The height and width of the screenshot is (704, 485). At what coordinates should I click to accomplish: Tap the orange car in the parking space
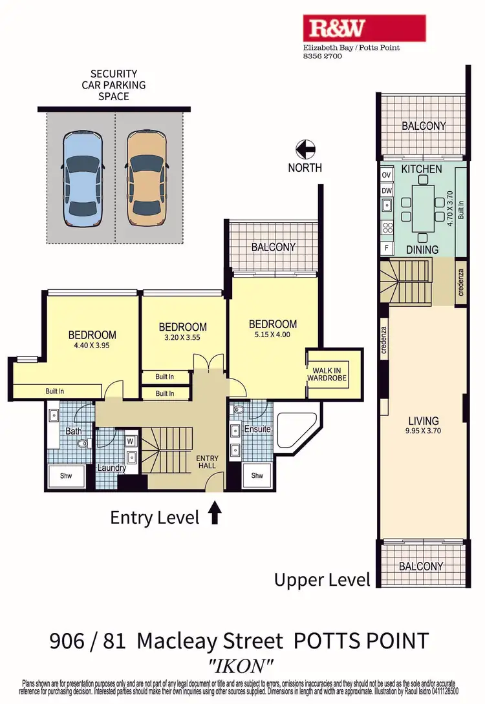tap(147, 179)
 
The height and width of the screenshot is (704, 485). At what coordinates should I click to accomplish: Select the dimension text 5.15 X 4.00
tap(273, 336)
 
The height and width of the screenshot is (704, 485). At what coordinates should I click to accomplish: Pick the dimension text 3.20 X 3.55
tap(183, 339)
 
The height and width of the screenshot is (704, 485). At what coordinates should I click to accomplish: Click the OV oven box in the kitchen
tap(387, 175)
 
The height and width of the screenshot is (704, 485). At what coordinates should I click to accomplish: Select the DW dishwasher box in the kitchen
tap(387, 191)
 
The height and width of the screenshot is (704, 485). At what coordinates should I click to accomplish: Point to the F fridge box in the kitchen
tap(387, 247)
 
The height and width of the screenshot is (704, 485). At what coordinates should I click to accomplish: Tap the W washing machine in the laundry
tap(130, 442)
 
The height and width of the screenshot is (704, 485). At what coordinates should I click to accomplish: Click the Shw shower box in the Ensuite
tap(257, 476)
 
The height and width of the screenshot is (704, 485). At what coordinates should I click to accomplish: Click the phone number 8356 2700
tap(323, 56)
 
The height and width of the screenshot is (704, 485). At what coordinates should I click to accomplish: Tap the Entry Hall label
tap(208, 462)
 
